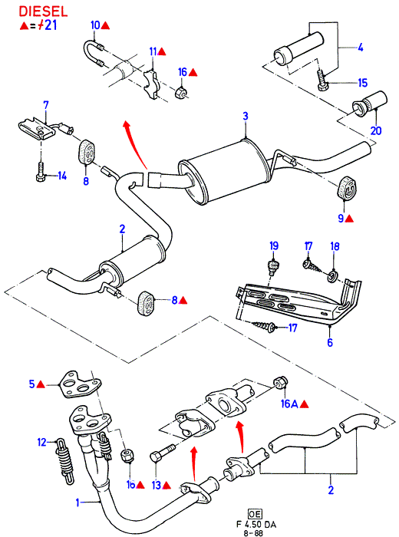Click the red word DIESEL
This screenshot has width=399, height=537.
pos(43,12)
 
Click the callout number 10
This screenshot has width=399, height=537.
pos(95,25)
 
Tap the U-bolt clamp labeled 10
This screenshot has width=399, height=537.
pos(94,54)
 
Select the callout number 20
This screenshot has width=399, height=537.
pos(376,130)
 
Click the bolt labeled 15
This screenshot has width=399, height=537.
pos(322,81)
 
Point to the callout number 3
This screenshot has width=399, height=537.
pos(246,116)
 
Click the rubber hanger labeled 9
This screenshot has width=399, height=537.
pos(346,188)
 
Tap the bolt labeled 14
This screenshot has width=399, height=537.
pos(41,172)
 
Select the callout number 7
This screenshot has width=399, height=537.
pos(46,106)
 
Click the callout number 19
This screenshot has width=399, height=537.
pos(274,246)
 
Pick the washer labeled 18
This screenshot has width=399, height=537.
pos(332,275)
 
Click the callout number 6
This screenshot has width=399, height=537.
pos(330,342)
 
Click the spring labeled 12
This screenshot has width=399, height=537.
pos(65,461)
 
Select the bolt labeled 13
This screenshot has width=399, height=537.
pos(163,453)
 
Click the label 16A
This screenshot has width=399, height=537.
pos(289,404)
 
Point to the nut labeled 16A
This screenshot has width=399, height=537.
pos(281,384)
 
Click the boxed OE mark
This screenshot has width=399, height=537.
pos(255,514)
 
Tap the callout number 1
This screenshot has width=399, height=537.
pos(77,502)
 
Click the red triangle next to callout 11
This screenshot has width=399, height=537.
pos(162,52)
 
